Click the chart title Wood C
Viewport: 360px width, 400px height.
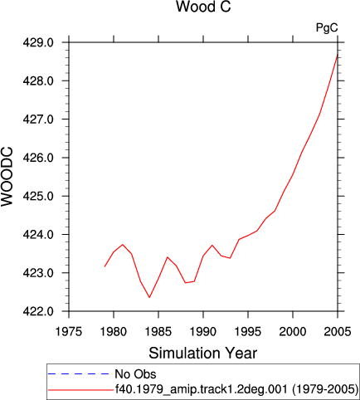click(x=203, y=7)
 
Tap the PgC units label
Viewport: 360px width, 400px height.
click(x=327, y=27)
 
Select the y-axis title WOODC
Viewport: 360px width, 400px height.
click(x=7, y=177)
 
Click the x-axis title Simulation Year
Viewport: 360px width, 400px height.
click(x=203, y=354)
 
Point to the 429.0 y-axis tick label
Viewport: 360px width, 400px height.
click(x=38, y=42)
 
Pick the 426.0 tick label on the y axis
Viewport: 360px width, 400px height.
click(x=38, y=158)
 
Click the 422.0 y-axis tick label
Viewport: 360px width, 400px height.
click(x=38, y=311)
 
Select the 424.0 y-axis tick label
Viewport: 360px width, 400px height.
click(x=38, y=235)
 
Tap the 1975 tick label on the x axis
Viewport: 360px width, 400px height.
click(x=69, y=331)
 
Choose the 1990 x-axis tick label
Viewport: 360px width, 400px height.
click(x=203, y=331)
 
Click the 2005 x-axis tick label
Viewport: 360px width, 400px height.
click(x=338, y=331)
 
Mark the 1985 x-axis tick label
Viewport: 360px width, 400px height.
click(x=158, y=331)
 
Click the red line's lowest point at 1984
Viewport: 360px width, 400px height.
click(x=149, y=297)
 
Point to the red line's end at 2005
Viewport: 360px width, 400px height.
click(x=338, y=55)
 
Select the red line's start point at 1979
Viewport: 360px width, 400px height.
click(x=105, y=266)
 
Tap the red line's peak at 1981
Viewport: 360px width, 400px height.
click(x=123, y=245)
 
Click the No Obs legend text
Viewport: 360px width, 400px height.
click(x=135, y=374)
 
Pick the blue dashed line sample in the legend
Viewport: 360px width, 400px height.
click(x=79, y=374)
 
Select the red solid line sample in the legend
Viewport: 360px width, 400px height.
click(x=80, y=390)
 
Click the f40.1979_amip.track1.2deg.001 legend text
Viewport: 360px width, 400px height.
click(x=202, y=389)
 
